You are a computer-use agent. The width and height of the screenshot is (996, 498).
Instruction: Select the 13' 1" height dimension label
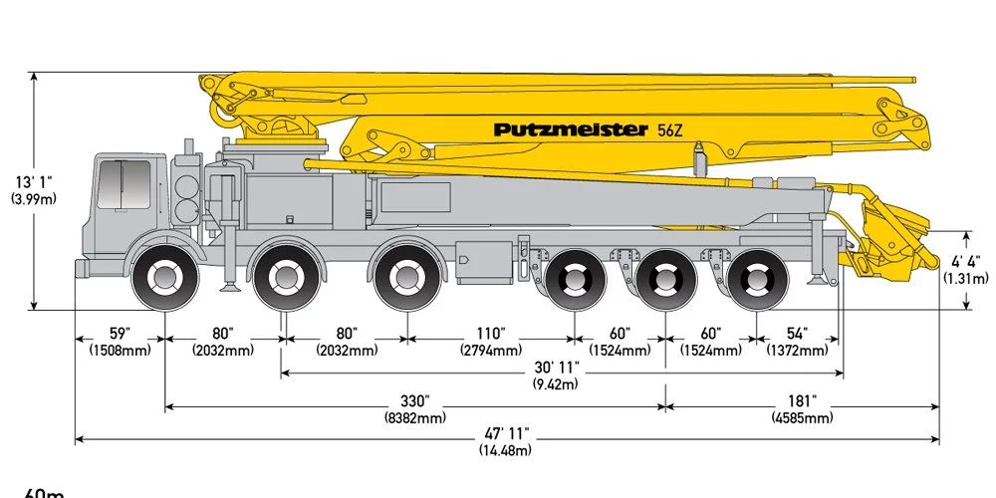pos(34,182)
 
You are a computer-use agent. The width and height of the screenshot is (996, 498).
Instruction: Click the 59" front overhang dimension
pos(119,333)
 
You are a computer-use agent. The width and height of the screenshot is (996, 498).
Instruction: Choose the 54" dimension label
pos(797,333)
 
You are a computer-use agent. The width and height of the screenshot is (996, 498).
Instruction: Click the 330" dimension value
pos(414,400)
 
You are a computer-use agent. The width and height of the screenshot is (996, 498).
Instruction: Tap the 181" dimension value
pos(802,400)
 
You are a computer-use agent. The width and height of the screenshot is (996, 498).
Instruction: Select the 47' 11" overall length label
pos(507,433)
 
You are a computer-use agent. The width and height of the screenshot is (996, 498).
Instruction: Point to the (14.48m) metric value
pos(507,449)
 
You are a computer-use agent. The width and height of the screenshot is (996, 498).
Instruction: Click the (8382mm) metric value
pos(414,417)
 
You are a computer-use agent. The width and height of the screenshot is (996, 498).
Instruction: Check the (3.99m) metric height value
pos(34,199)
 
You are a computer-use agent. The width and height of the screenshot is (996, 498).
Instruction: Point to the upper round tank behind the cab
pos(186,186)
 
